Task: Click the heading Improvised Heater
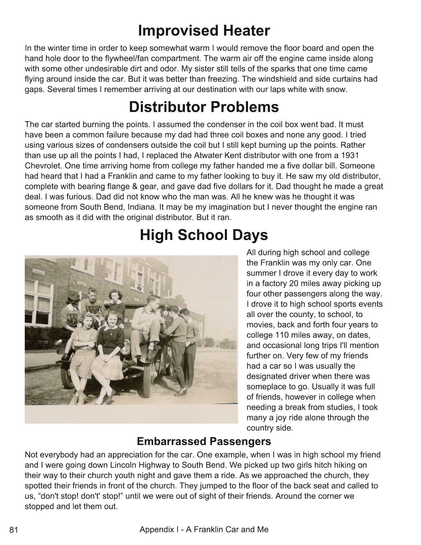click(x=204, y=31)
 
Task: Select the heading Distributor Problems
click(x=204, y=107)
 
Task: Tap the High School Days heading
click(x=204, y=235)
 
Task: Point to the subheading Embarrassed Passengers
click(x=204, y=441)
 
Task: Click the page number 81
click(x=14, y=530)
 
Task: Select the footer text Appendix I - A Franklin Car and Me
click(x=204, y=530)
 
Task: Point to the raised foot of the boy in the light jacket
click(x=150, y=354)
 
